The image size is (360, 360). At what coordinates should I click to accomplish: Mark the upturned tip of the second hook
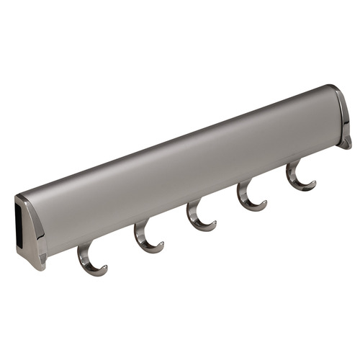pyautogui.click(x=162, y=245)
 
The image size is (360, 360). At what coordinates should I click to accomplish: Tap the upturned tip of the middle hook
pyautogui.click(x=215, y=223)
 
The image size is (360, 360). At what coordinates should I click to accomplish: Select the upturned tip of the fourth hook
pyautogui.click(x=265, y=202)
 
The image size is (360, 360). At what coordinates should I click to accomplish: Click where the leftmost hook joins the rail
pyautogui.click(x=83, y=246)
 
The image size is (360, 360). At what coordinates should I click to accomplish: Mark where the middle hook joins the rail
pyautogui.click(x=192, y=205)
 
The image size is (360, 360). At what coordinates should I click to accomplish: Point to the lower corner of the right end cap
pyautogui.click(x=346, y=144)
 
